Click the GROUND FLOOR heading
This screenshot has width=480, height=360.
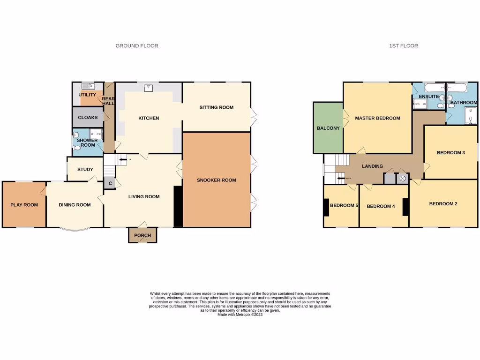(137, 46)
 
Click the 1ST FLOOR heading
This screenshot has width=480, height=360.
(403, 46)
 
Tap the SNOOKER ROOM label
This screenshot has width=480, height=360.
(216, 180)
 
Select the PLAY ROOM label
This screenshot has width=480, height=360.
(24, 205)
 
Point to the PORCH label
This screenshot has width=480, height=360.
(142, 235)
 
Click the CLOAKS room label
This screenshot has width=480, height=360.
(88, 118)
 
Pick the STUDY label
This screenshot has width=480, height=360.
(85, 170)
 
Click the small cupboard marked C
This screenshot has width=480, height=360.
(110, 183)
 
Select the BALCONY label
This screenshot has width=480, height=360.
(328, 128)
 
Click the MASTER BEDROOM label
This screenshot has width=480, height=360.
(377, 118)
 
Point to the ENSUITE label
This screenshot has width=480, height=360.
(428, 97)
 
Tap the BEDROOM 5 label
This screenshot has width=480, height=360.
(344, 205)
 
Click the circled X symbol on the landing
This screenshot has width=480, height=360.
(402, 179)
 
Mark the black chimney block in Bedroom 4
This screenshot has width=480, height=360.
(405, 207)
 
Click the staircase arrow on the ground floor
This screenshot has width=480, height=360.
(123, 160)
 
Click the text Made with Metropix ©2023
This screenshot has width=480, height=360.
(240, 315)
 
